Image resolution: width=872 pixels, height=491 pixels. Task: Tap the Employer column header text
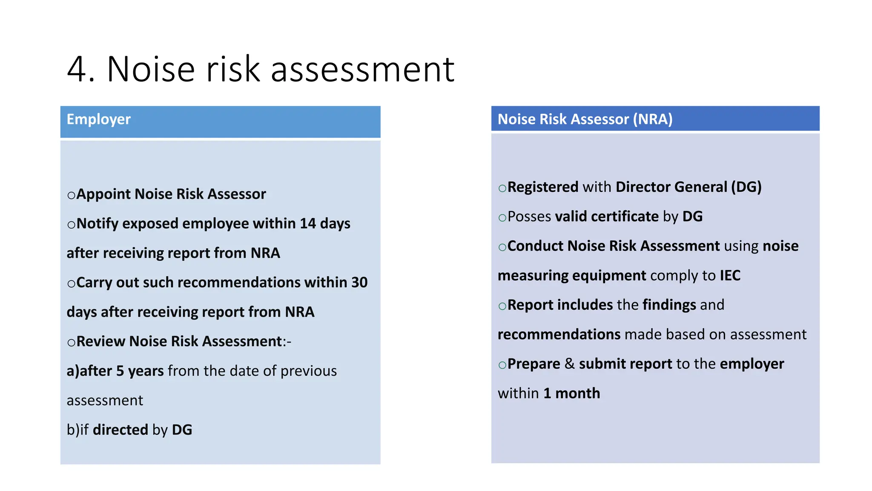[98, 119]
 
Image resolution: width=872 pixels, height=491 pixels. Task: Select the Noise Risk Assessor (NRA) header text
[585, 119]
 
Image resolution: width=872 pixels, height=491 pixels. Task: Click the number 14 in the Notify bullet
[307, 224]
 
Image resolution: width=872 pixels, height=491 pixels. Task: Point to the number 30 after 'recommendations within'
[359, 283]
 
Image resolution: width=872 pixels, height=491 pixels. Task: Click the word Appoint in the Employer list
[103, 194]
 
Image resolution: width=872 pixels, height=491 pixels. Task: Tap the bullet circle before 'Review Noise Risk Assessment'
[71, 342]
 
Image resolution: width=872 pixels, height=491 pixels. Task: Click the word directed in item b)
[120, 430]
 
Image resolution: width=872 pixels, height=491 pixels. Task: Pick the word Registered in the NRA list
[543, 187]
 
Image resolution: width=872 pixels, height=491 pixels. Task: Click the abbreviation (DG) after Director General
[746, 187]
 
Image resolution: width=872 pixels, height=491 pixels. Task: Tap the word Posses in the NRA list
[529, 217]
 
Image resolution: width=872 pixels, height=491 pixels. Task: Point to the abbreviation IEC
[730, 276]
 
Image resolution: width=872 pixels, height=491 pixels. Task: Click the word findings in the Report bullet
[669, 305]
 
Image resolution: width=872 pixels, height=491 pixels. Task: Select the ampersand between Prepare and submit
[569, 364]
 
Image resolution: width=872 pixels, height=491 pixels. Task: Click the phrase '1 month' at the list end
[571, 393]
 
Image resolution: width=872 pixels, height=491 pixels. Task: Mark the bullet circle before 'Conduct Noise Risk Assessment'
[502, 247]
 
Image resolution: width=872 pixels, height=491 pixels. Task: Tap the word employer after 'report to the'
[752, 364]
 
